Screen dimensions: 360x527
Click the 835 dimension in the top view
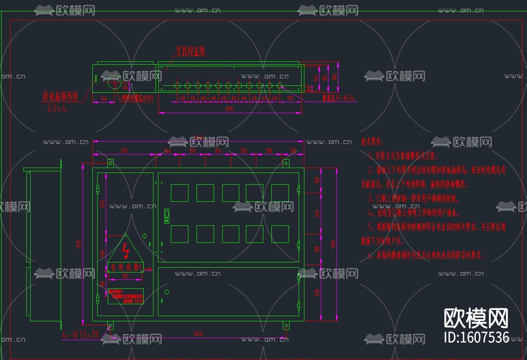[230, 109]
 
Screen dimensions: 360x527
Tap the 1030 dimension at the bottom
[198, 334]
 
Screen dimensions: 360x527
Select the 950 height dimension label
[79, 244]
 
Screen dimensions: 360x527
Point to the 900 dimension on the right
[333, 244]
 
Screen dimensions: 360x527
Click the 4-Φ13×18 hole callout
[81, 335]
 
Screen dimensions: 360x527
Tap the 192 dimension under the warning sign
[125, 276]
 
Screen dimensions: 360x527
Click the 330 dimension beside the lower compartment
[318, 292]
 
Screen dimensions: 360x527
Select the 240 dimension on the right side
[318, 213]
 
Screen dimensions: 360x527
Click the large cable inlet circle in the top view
[114, 82]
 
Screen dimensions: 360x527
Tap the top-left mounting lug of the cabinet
[110, 164]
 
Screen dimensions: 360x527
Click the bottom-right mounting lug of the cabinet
[286, 325]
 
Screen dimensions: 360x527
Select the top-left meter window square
[179, 193]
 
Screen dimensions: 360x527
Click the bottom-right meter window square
[280, 234]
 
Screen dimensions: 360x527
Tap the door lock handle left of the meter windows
[166, 216]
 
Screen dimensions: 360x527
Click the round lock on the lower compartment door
[166, 291]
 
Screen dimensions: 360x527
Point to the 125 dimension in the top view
[291, 98]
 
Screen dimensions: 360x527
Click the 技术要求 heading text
[372, 142]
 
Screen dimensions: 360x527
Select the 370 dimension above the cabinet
[124, 151]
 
